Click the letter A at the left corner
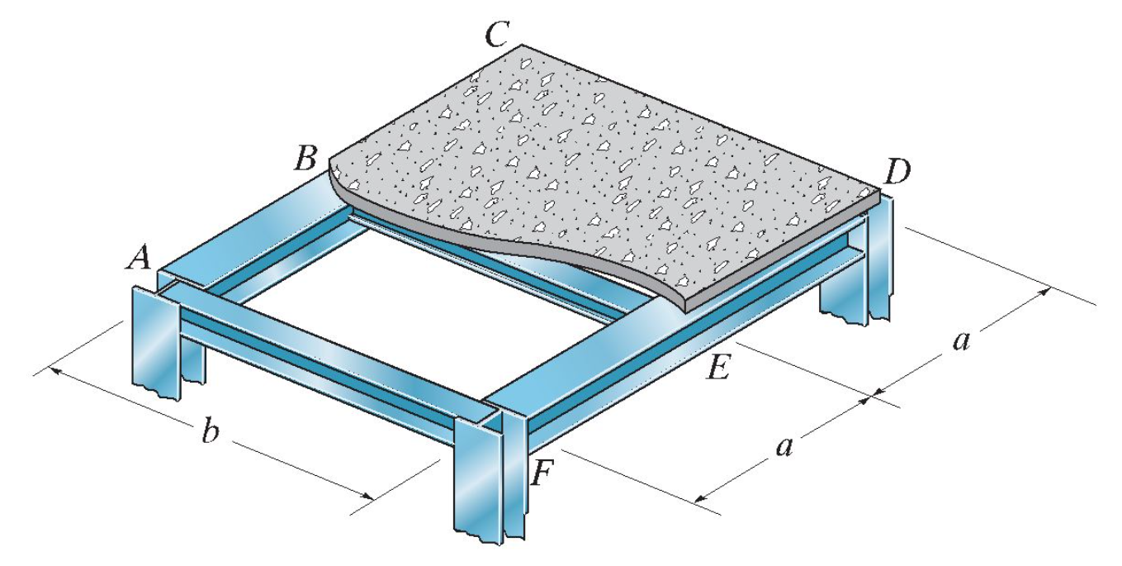pos(139,259)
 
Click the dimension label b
pos(211,433)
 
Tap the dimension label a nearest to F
pos(784,447)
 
